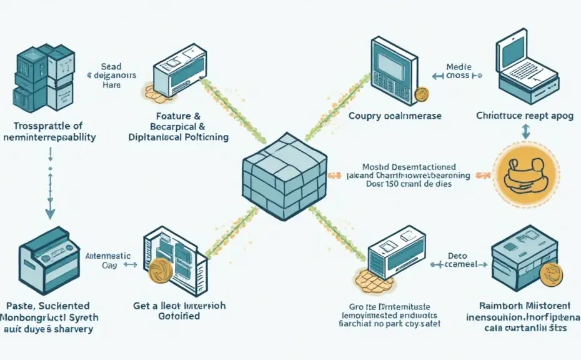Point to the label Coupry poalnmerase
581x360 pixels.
coord(395,116)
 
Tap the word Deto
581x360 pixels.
coord(457,255)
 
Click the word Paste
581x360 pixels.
coord(21,306)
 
